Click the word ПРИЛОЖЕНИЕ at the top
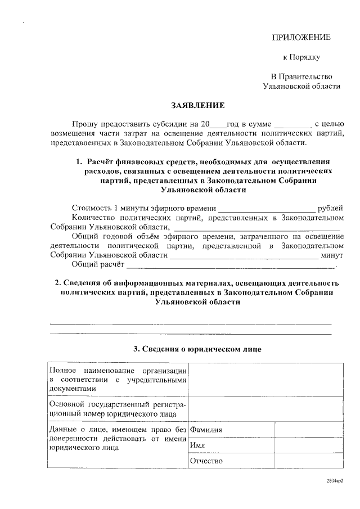point(301,38)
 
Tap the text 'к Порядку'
point(301,57)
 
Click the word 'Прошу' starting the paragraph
point(84,123)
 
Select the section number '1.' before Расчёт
point(79,163)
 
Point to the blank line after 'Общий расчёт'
point(231,265)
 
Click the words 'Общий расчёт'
point(97,264)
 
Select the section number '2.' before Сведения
point(57,283)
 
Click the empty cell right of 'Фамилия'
point(308,430)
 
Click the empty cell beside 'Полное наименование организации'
point(265,380)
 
